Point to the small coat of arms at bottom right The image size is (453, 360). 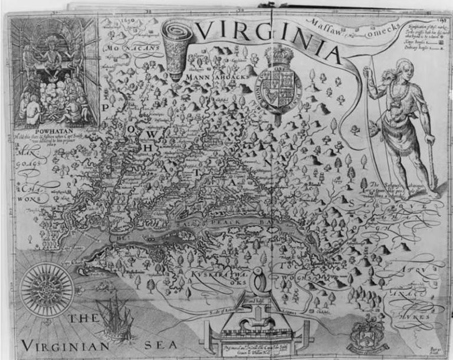pyautogui.click(x=363, y=338)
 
